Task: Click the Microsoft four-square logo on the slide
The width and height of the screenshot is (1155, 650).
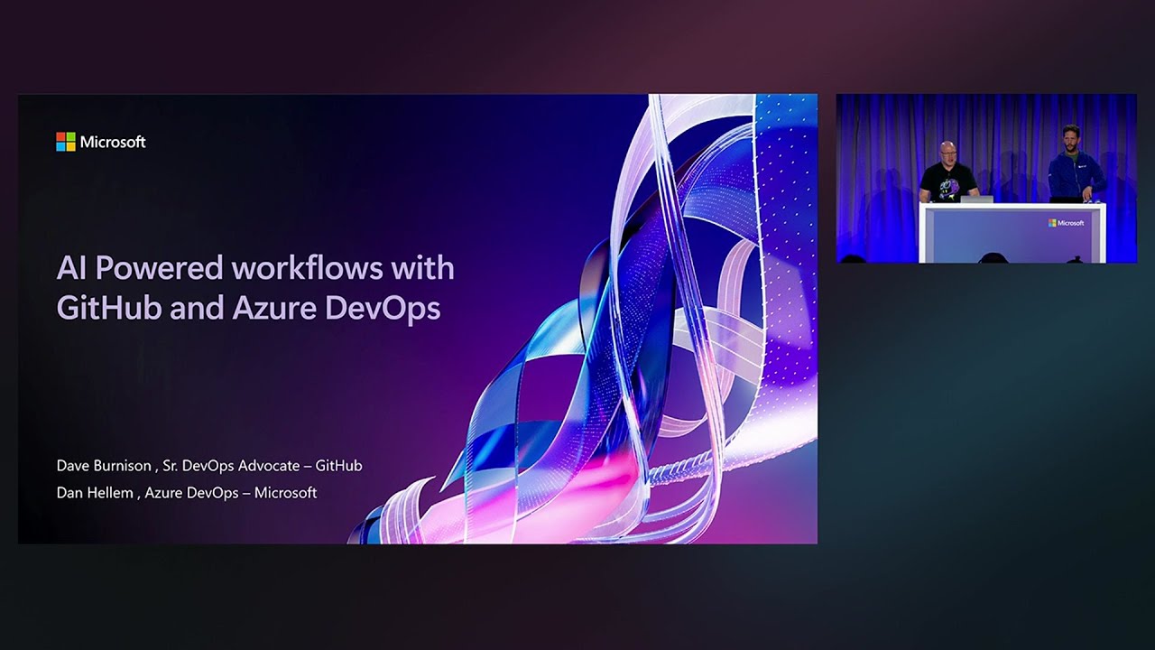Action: pyautogui.click(x=65, y=142)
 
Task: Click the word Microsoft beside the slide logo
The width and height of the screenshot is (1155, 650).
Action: pyautogui.click(x=113, y=142)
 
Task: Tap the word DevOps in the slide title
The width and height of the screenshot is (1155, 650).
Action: pyautogui.click(x=383, y=308)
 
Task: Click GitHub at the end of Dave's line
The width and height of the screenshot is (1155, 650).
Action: pyautogui.click(x=338, y=466)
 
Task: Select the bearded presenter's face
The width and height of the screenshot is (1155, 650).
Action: pyautogui.click(x=1071, y=140)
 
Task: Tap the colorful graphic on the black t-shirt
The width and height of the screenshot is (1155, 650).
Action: pyautogui.click(x=948, y=185)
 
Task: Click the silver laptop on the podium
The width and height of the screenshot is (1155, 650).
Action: pyautogui.click(x=976, y=199)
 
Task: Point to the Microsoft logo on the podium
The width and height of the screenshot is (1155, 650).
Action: pyautogui.click(x=1066, y=222)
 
